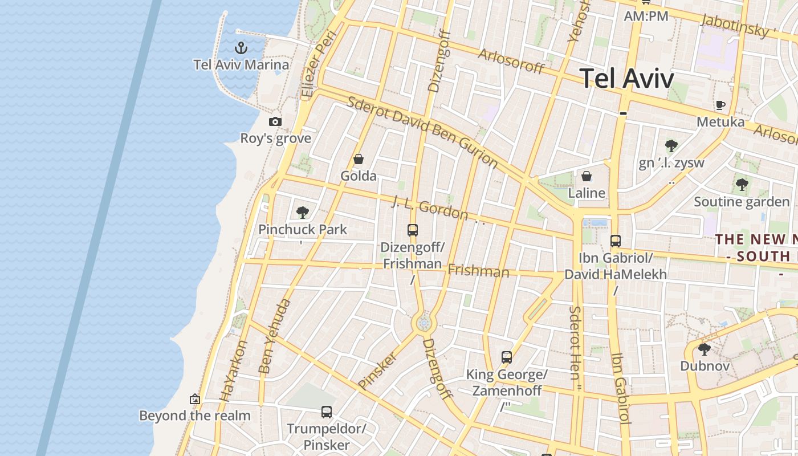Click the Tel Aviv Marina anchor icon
(241, 47)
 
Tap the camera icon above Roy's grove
(275, 121)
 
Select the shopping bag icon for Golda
(359, 159)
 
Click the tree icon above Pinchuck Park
(303, 213)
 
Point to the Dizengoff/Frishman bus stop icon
(413, 230)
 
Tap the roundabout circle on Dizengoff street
(424, 324)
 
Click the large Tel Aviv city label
(627, 78)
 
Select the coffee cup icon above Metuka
(720, 105)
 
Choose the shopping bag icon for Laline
(586, 176)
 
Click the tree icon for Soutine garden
(742, 184)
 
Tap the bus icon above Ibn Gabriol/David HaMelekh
(615, 241)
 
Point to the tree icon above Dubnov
(705, 349)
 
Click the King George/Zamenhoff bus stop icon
(507, 357)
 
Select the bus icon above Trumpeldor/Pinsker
(327, 412)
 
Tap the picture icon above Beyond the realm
(195, 399)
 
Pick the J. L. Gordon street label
(430, 208)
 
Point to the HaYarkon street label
(234, 371)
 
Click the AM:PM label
(646, 16)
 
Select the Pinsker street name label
(377, 371)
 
